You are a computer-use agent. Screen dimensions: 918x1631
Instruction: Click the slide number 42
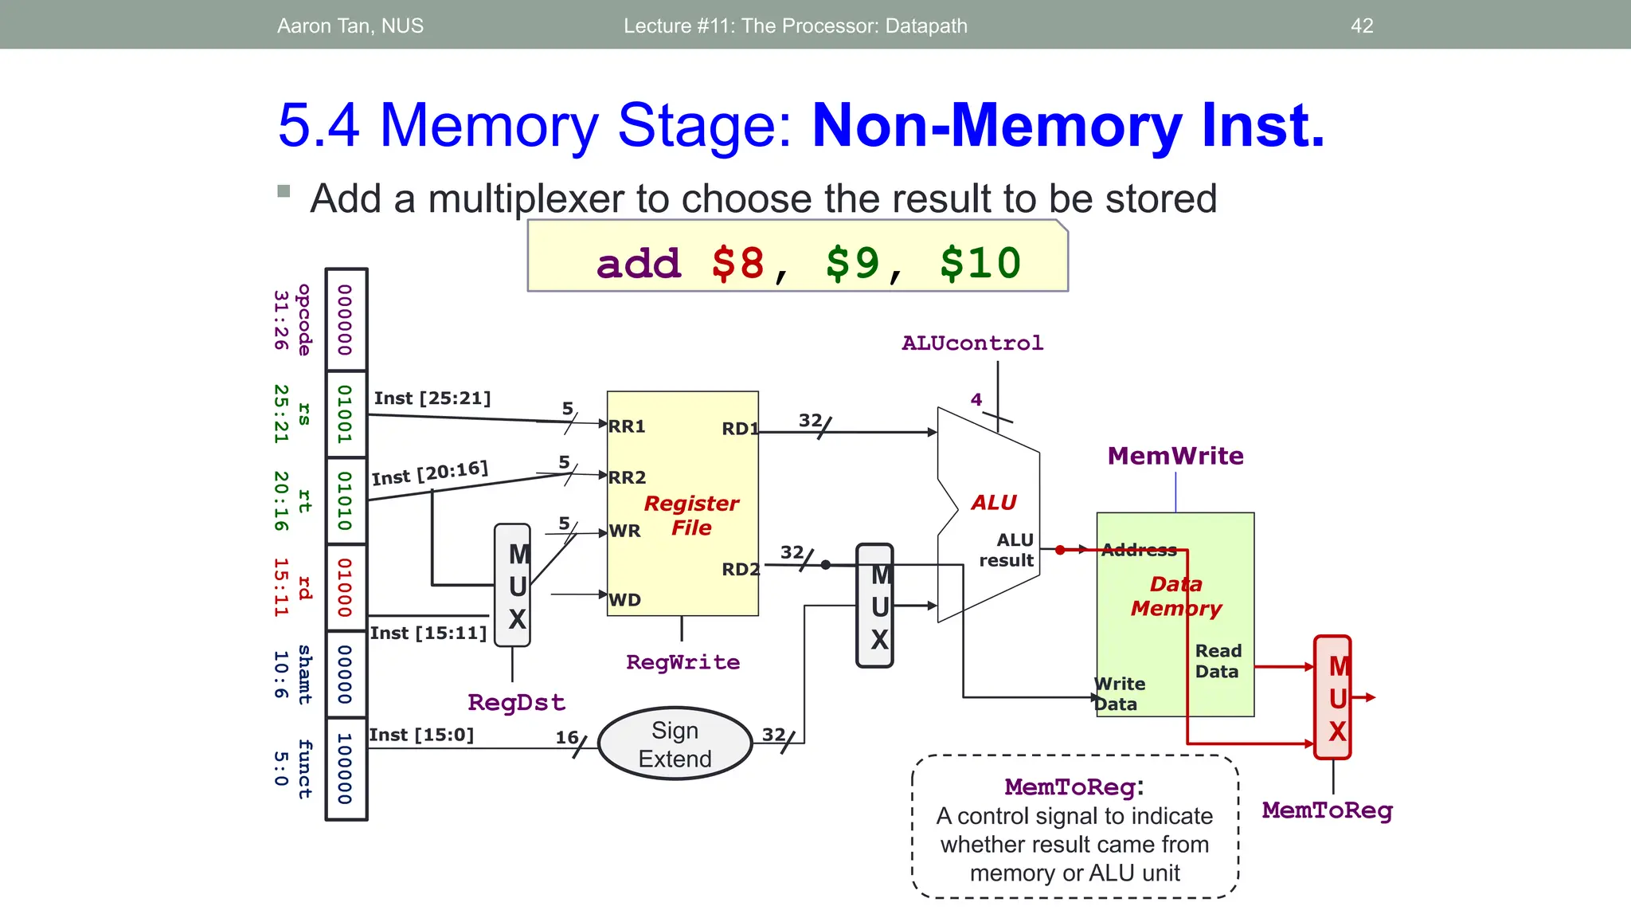(1362, 25)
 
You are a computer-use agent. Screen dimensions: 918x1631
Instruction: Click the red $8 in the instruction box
(738, 263)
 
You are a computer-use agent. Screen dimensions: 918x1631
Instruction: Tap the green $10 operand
(980, 263)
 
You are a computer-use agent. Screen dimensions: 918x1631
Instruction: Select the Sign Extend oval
(675, 744)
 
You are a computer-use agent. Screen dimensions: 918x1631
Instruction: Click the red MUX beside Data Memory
(1332, 697)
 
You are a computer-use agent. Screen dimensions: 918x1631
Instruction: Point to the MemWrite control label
(1175, 456)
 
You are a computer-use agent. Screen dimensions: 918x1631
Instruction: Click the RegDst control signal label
(516, 702)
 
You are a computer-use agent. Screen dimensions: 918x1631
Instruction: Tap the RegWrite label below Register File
(683, 662)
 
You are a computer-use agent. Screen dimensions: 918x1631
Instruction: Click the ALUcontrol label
(972, 343)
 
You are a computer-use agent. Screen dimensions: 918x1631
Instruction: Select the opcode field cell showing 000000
(346, 320)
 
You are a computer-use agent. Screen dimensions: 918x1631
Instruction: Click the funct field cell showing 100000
(346, 769)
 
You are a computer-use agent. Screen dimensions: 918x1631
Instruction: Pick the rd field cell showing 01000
(346, 587)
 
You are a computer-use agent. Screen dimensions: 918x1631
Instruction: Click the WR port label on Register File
(625, 531)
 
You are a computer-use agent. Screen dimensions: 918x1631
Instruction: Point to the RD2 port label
(740, 569)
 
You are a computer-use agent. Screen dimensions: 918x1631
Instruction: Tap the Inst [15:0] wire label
(421, 735)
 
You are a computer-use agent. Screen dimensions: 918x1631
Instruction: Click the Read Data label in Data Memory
(1218, 661)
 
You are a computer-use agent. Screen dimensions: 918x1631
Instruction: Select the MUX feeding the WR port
(513, 586)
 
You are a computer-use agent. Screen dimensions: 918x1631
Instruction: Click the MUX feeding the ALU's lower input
(874, 606)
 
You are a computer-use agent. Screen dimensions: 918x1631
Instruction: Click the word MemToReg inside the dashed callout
(1070, 787)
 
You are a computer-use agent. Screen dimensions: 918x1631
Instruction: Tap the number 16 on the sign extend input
(567, 737)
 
